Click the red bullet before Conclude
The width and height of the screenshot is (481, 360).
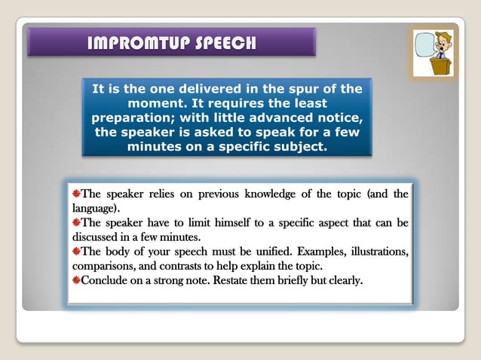click(x=76, y=281)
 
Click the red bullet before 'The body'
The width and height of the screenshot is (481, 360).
click(x=76, y=252)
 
